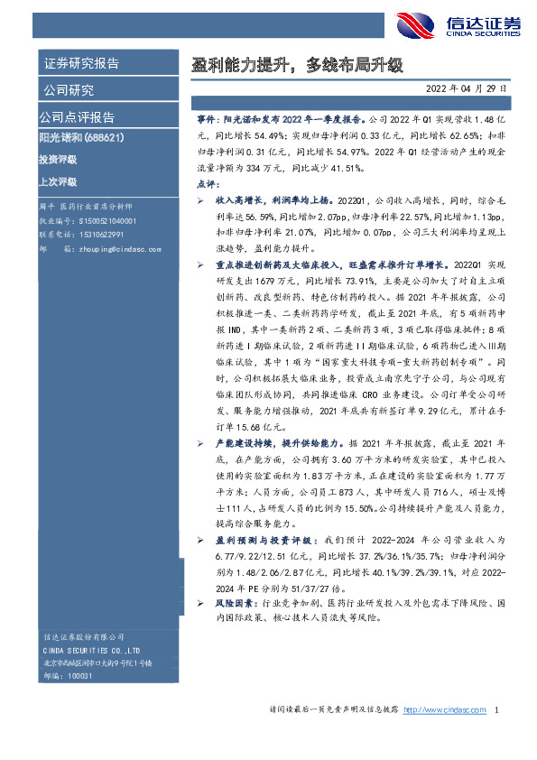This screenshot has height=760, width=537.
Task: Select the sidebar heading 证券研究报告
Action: [x=81, y=64]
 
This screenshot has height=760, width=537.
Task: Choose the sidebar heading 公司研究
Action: [x=68, y=90]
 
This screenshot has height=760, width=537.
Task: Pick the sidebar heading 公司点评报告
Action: [x=77, y=117]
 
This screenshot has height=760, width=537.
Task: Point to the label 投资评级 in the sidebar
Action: [x=58, y=160]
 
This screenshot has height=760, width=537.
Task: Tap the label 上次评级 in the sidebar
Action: [x=58, y=181]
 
